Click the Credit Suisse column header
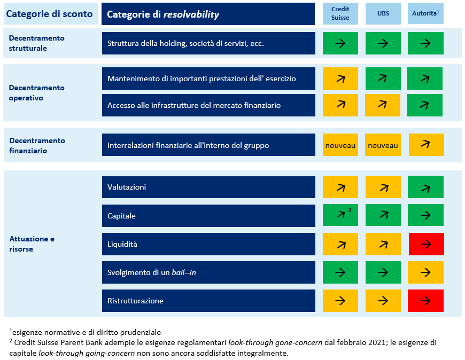point(340,13)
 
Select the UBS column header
point(383,13)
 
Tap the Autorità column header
point(425,13)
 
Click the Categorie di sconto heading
point(49,14)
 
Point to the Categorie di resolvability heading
point(208,14)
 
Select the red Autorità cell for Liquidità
point(425,244)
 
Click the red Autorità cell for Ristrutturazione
point(425,301)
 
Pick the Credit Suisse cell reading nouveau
point(340,145)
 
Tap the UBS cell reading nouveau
point(383,145)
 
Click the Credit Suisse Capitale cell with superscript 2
point(340,216)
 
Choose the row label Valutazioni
point(127,187)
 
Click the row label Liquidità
point(122,244)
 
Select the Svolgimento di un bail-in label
point(152,272)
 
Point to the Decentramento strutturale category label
point(37,43)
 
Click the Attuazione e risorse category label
point(32,244)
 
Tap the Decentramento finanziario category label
point(37,145)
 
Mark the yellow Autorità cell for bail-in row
point(425,272)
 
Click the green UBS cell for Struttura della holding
point(383,43)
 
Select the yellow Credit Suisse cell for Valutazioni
point(340,187)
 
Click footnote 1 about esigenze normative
point(86,332)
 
